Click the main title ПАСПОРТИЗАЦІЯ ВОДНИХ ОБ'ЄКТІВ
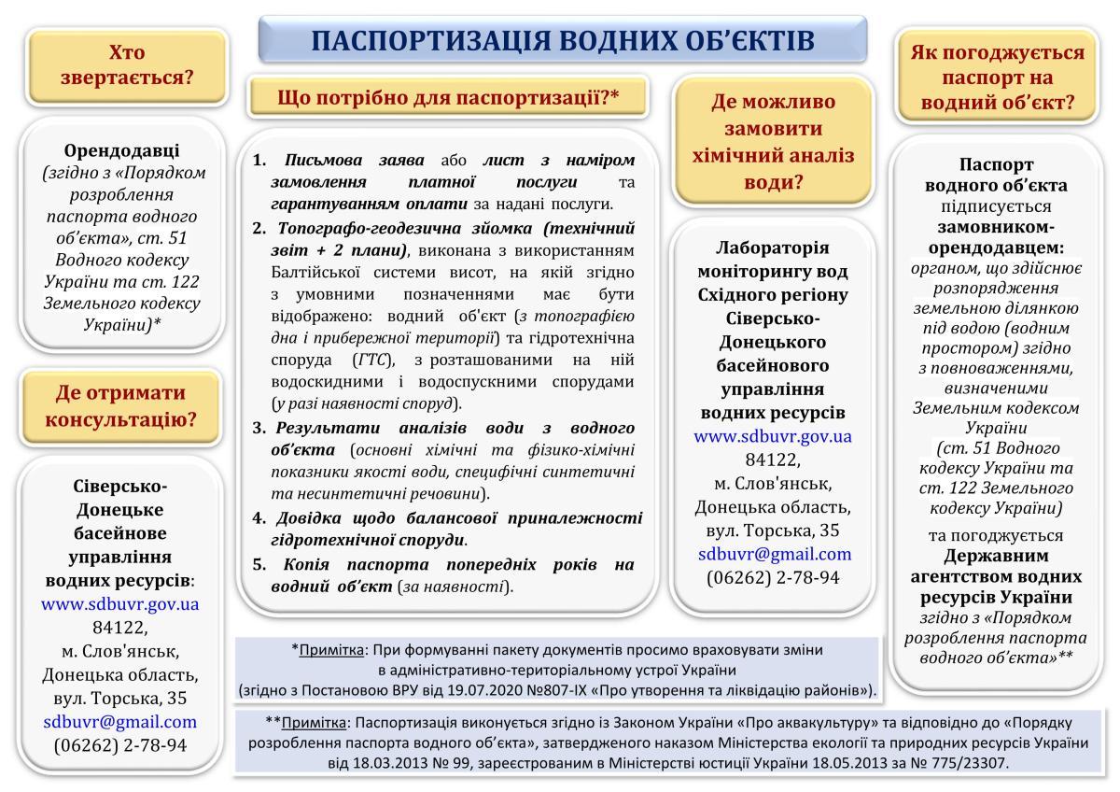[562, 40]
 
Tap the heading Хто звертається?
[127, 64]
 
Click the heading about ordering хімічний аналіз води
[774, 141]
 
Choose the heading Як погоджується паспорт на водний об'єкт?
[997, 78]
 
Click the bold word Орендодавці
[122, 150]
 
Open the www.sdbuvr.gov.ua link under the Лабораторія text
[774, 436]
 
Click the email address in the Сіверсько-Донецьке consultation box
[120, 721]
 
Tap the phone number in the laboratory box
[774, 577]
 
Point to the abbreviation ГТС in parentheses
[377, 360]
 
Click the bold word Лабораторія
[774, 247]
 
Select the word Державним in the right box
[997, 556]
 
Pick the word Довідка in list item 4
[307, 517]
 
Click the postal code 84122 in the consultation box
[120, 626]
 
